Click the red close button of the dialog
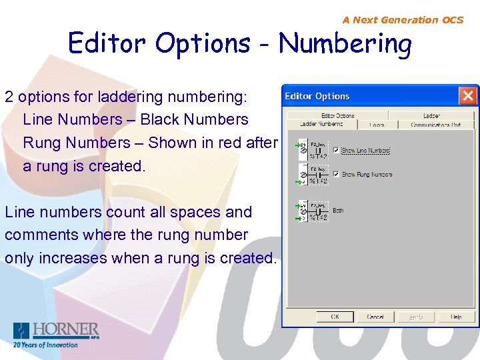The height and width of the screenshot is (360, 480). click(468, 96)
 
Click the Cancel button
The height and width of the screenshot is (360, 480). click(375, 317)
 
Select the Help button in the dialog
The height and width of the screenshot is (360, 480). click(456, 317)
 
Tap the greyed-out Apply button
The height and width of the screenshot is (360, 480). click(416, 317)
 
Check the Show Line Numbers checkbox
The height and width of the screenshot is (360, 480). click(336, 151)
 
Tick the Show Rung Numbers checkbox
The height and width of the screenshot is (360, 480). click(336, 175)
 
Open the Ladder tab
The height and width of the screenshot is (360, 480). click(431, 115)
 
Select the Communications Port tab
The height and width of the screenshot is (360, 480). click(435, 125)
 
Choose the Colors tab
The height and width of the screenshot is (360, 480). click(377, 125)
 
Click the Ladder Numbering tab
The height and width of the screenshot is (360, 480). click(321, 124)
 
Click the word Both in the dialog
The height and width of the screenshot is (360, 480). click(338, 211)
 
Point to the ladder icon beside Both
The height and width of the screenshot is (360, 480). click(311, 211)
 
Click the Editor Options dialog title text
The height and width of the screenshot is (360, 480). click(317, 96)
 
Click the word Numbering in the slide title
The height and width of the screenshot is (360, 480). click(345, 44)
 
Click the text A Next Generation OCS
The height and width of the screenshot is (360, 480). click(403, 20)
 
